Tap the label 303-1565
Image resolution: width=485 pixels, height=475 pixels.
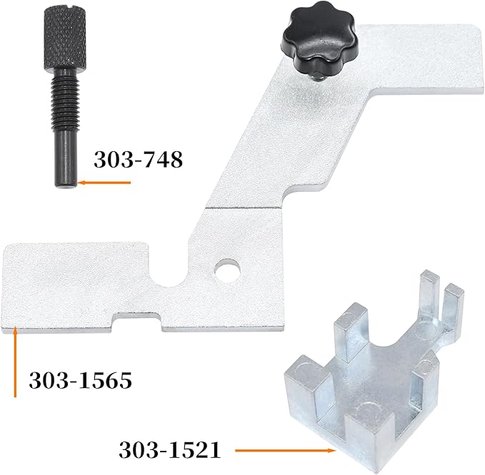click(80, 380)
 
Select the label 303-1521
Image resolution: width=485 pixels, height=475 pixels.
click(169, 450)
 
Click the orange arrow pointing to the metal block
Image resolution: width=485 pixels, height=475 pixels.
click(286, 450)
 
